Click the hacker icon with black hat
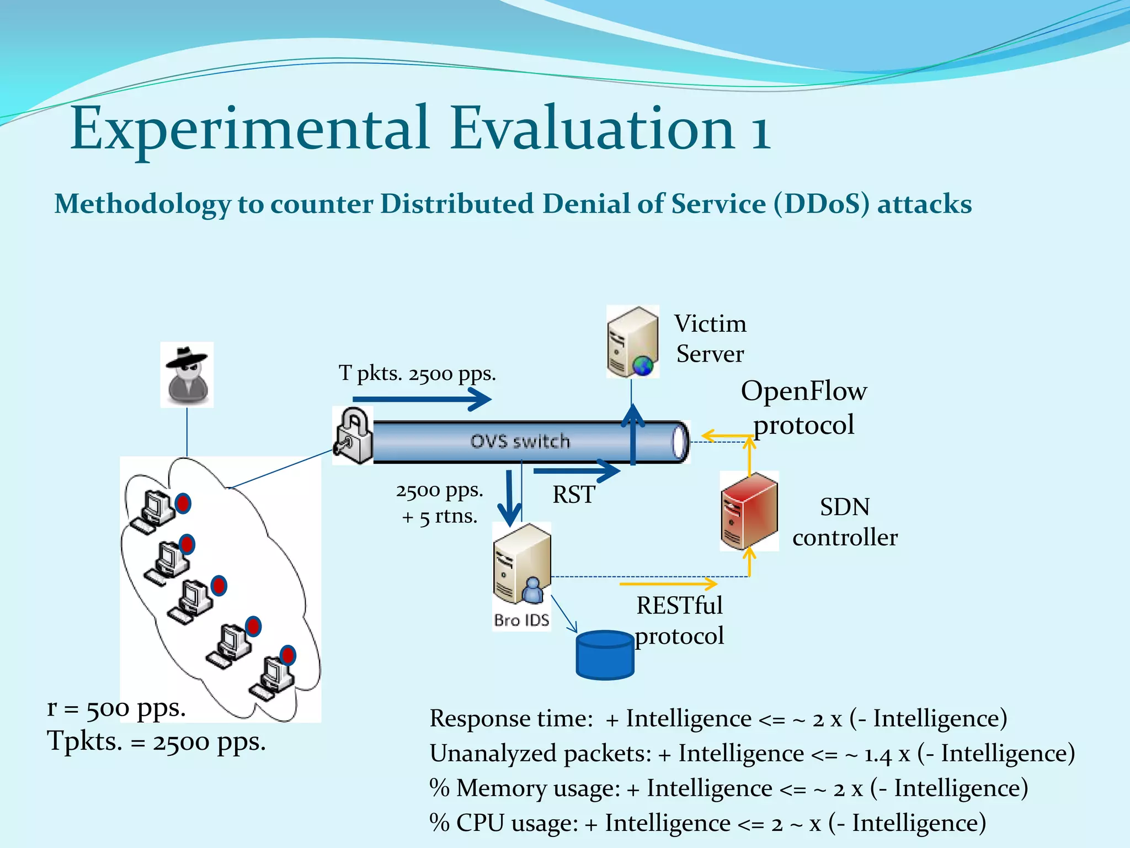pos(187,375)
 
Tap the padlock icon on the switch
pos(353,436)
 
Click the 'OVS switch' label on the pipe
pos(520,441)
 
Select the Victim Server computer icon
pos(632,342)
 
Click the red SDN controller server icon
pos(749,511)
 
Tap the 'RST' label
pos(574,494)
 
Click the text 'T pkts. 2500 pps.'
pos(417,374)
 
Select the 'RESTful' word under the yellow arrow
pos(679,606)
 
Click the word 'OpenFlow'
pos(803,391)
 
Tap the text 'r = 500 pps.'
pos(116,708)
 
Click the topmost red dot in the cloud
pos(183,504)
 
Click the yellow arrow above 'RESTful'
pos(668,584)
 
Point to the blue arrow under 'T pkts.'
pos(422,399)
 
